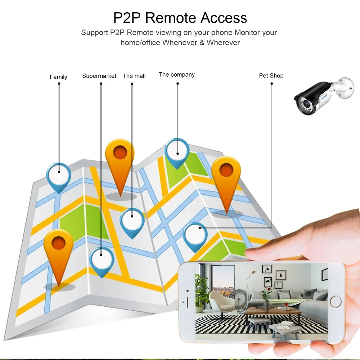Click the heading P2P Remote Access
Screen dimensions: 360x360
click(x=180, y=18)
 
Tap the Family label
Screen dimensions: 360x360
click(x=58, y=77)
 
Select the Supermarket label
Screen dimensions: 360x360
click(x=99, y=76)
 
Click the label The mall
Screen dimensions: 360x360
click(x=134, y=76)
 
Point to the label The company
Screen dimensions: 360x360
click(x=177, y=75)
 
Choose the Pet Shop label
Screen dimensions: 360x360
click(x=271, y=76)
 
